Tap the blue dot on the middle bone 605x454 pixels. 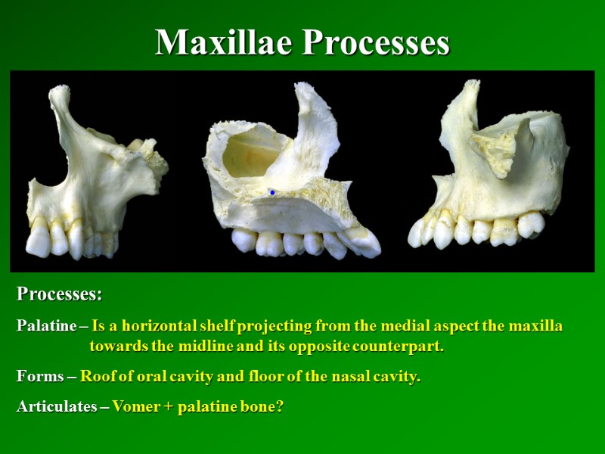coord(272,193)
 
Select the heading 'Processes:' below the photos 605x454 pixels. coord(60,293)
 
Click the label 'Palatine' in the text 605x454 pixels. coord(46,326)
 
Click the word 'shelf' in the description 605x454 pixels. coord(255,326)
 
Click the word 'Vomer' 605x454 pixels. coord(133,406)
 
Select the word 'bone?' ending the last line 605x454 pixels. coord(264,406)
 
